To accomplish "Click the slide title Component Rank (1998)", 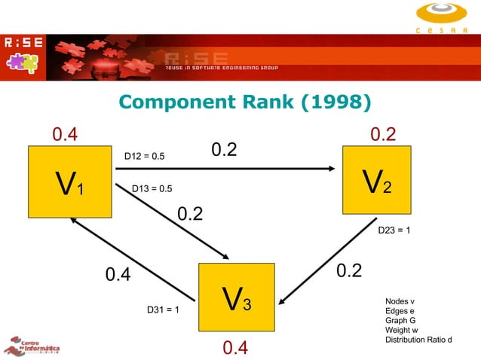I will (245, 102).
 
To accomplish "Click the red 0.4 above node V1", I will (64, 135).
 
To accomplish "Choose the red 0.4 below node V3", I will (236, 347).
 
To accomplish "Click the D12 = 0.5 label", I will (144, 157).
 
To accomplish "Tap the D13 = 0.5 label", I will (152, 188).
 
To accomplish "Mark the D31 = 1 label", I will (162, 310).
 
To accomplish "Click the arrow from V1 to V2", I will (226, 169).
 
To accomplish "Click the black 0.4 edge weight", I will (117, 275).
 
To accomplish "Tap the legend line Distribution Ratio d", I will (418, 340).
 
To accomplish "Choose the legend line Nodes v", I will (400, 301).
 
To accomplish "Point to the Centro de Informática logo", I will (32, 345).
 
